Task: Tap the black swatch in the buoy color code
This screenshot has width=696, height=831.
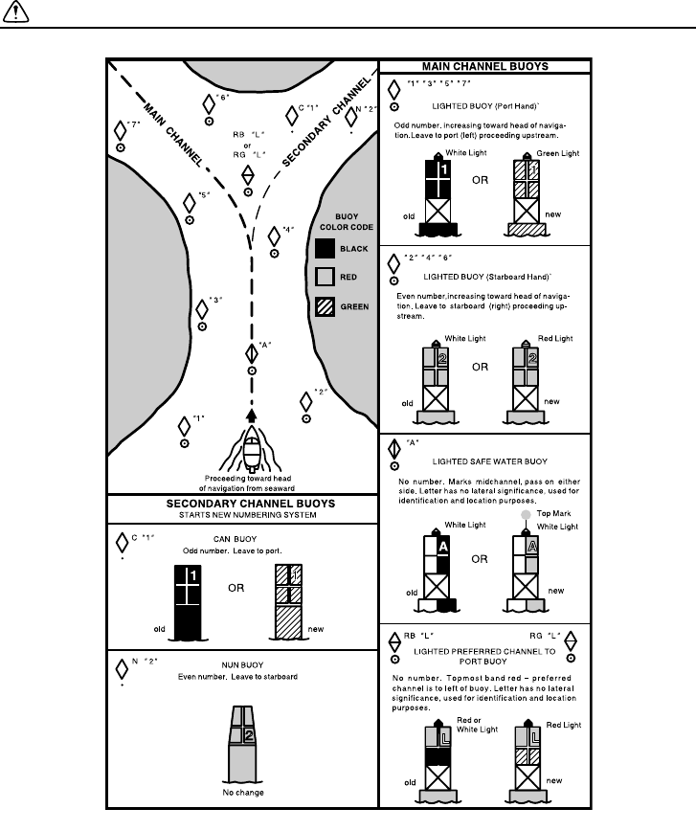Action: pyautogui.click(x=324, y=249)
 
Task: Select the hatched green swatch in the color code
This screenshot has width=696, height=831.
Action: pyautogui.click(x=324, y=306)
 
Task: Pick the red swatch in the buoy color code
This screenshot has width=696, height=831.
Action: pyautogui.click(x=324, y=278)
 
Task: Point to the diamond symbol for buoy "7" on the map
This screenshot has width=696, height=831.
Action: pyautogui.click(x=120, y=128)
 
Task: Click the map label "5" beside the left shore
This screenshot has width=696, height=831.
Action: pyautogui.click(x=203, y=196)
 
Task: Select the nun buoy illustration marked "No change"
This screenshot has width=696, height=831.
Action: pyautogui.click(x=242, y=739)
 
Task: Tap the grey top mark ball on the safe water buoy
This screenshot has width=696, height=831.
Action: pyautogui.click(x=526, y=515)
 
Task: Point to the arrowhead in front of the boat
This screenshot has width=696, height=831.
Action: pyautogui.click(x=251, y=415)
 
